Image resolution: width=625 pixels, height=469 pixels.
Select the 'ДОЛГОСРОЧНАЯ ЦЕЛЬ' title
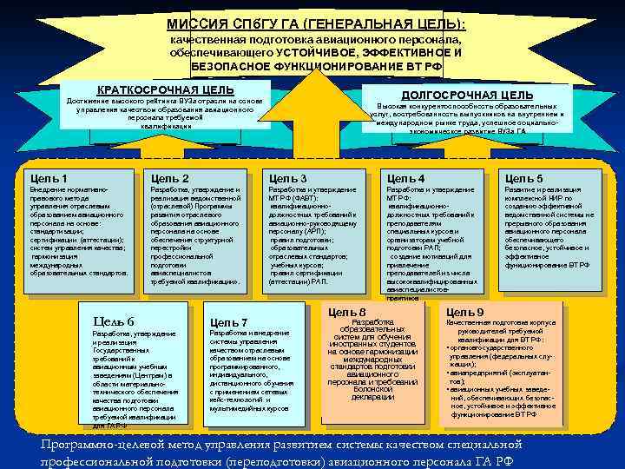click(x=467, y=94)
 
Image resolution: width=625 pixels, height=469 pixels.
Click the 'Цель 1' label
click(x=49, y=178)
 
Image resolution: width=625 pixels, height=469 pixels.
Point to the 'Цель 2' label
click(x=170, y=178)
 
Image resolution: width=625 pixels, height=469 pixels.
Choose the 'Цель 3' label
click(x=288, y=178)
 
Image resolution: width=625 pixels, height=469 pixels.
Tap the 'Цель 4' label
click(x=406, y=178)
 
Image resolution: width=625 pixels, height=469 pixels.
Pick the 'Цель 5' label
click(x=524, y=178)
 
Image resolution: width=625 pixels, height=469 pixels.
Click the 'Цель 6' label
click(x=113, y=322)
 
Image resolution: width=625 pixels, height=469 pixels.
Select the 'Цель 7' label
click(x=229, y=322)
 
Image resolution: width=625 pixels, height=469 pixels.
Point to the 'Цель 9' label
click(x=465, y=312)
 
